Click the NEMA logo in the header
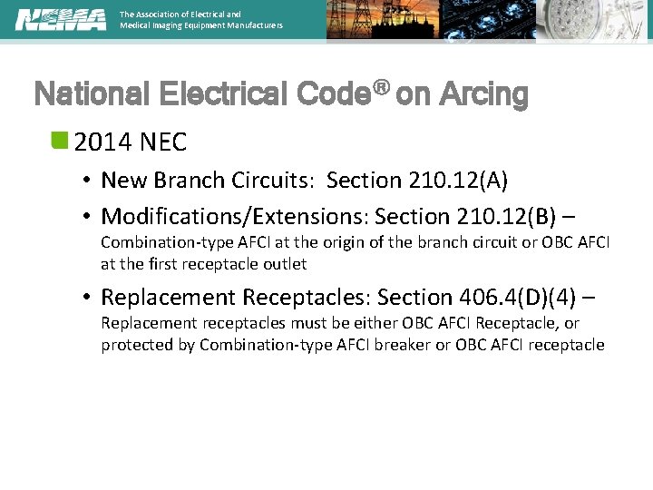[x=60, y=19]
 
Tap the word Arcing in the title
[x=483, y=94]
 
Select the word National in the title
[x=90, y=94]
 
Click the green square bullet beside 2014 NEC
[x=60, y=140]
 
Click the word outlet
[x=285, y=264]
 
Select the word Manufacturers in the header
[x=250, y=25]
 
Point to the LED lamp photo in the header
[x=593, y=20]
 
